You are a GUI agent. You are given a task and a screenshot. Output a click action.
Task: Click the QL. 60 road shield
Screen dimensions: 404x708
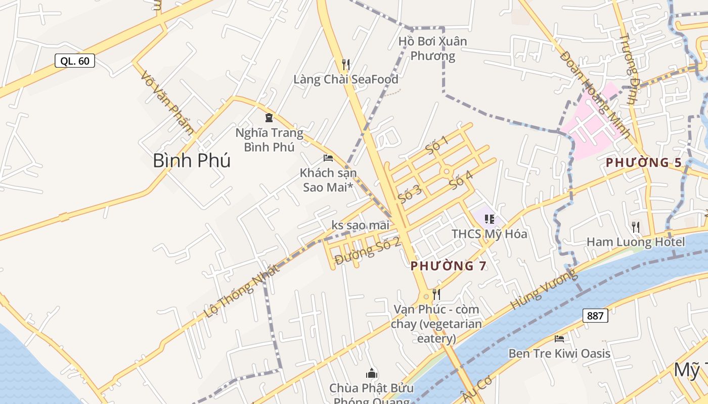point(75,61)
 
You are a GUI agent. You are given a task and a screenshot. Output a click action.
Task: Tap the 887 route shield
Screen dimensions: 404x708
point(595,316)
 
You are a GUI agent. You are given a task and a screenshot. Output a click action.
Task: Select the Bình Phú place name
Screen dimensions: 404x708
point(192,161)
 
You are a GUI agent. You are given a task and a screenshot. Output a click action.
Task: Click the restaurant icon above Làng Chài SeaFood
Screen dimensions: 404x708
point(346,64)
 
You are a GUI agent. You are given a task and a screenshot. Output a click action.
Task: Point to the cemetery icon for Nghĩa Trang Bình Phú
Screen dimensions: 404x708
point(269,118)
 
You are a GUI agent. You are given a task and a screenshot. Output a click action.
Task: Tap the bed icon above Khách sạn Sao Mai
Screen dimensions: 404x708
point(328,158)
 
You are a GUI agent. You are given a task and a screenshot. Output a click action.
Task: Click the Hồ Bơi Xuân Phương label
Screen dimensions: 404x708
point(432,48)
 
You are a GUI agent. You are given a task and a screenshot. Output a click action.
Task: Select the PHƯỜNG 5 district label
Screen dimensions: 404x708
point(644,163)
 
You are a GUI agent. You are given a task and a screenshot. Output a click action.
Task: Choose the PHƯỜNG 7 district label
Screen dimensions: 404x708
point(448,266)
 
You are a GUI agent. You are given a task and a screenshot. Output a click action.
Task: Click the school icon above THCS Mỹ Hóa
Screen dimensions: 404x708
point(489,219)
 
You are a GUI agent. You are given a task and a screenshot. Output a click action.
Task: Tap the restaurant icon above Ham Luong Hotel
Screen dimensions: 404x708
point(636,227)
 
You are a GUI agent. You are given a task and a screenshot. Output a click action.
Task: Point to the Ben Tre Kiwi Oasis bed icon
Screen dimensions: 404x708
point(559,338)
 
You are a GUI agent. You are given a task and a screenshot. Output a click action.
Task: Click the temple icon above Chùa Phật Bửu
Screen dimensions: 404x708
point(372,374)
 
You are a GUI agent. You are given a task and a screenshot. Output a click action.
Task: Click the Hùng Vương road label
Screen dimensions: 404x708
point(544,289)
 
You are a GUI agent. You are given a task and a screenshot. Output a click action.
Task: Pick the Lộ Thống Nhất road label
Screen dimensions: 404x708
point(242,291)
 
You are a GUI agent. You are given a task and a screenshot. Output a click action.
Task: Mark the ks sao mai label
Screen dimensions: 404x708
point(361,225)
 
